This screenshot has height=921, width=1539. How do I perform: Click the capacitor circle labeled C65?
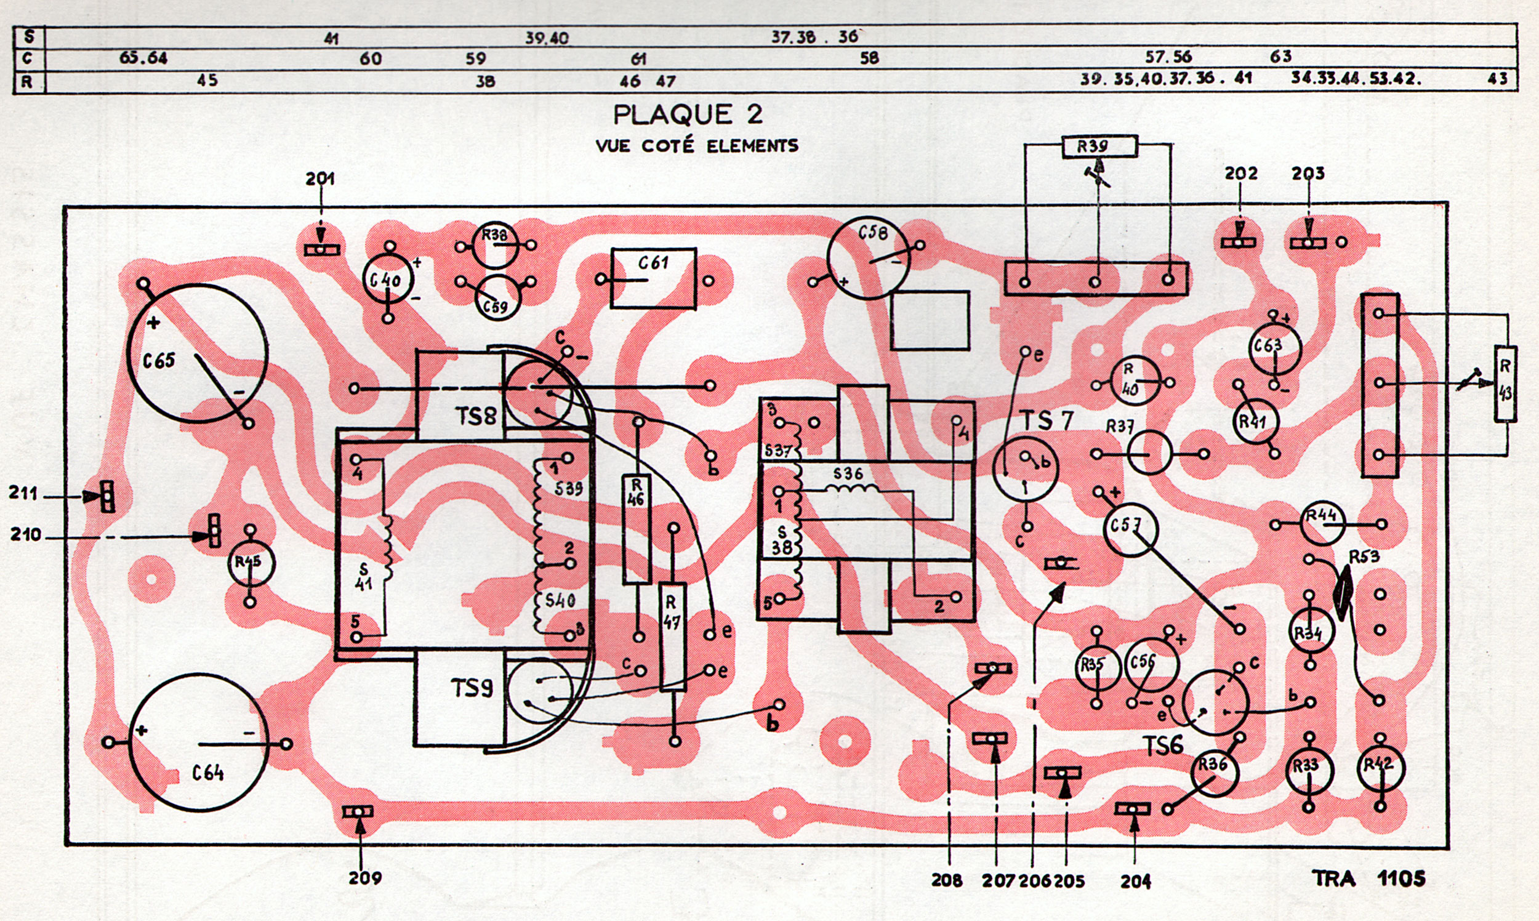197,354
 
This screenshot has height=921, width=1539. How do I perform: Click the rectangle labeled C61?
653,279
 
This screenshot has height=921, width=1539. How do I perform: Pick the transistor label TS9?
473,689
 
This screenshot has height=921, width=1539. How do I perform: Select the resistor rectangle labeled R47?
673,636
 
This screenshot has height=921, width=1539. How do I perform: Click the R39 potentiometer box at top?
1098,147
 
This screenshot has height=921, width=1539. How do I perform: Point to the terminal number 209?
365,879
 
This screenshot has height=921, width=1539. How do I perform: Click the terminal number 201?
320,179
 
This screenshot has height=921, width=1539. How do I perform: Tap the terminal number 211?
23,494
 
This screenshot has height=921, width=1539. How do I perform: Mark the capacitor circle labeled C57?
1131,529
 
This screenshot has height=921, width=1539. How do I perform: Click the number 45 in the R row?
207,81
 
